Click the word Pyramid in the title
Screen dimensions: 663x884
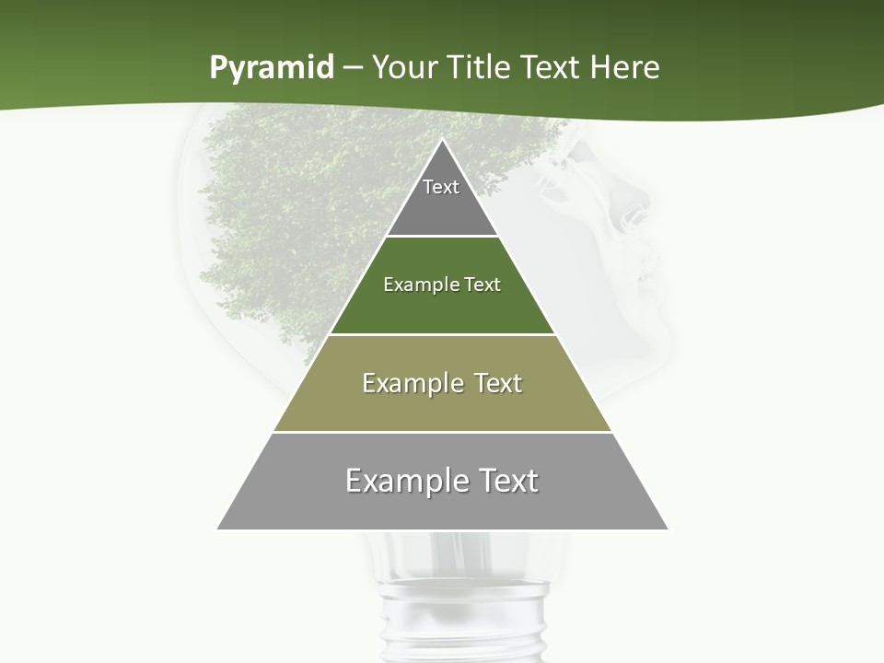272,68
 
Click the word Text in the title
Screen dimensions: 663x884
552,67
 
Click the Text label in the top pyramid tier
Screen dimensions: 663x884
441,187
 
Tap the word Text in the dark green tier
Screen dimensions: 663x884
483,285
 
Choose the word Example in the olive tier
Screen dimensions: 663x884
408,383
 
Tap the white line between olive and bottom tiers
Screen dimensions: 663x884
443,432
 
